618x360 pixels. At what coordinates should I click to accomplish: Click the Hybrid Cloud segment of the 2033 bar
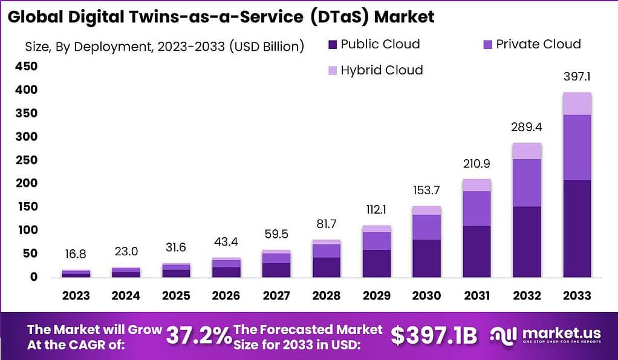(x=577, y=103)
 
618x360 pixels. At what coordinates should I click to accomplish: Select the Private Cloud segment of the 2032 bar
(x=527, y=183)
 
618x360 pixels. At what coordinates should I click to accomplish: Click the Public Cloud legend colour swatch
(x=332, y=45)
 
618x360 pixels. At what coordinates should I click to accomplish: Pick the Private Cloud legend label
(x=538, y=44)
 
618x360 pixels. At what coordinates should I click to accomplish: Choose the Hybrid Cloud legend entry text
(x=382, y=70)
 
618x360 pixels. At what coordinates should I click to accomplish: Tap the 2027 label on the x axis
(x=276, y=296)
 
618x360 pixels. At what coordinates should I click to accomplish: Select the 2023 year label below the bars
(x=76, y=296)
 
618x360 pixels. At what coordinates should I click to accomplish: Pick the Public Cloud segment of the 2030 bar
(x=427, y=258)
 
